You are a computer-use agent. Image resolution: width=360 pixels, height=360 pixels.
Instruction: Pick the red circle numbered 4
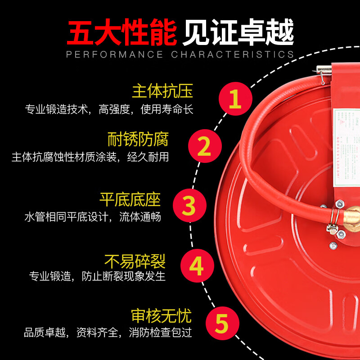197,266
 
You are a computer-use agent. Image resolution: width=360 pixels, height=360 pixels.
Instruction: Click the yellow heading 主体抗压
162,91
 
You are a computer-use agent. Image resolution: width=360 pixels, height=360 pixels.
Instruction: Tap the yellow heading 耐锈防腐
138,139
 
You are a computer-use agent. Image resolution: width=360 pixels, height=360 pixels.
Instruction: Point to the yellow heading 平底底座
130,199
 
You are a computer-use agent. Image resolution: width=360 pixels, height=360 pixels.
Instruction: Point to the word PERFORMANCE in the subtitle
115,55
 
